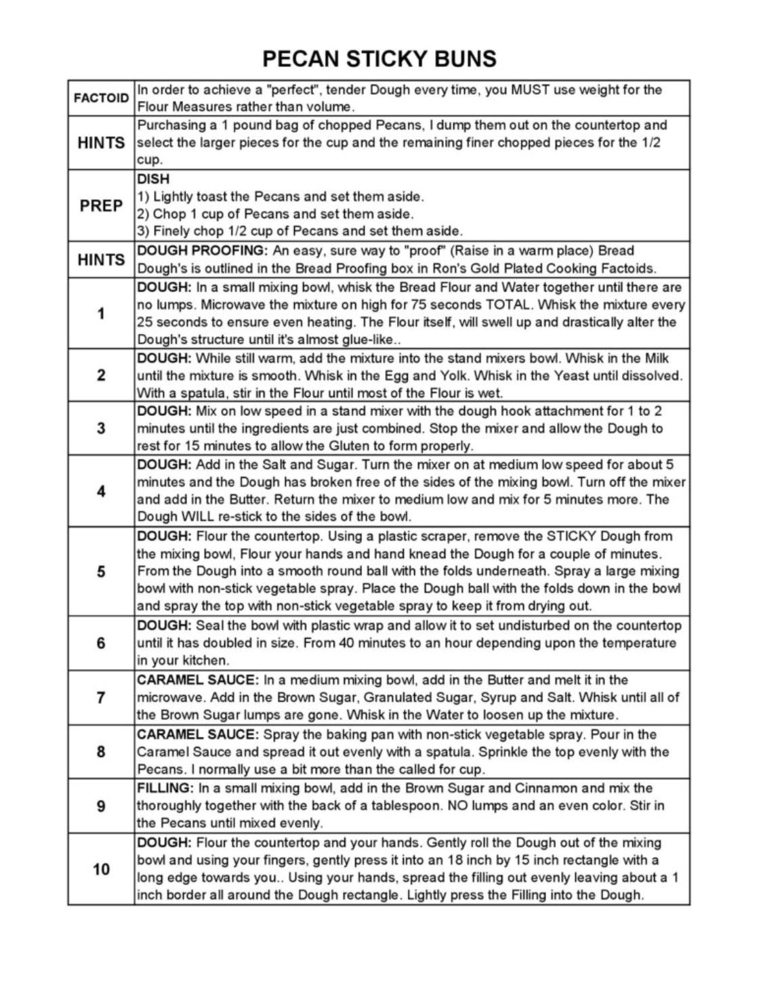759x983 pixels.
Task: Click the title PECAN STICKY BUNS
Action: [379, 59]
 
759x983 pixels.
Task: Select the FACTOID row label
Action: [101, 98]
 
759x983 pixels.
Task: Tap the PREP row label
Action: [101, 205]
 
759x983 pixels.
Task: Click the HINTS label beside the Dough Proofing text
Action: [101, 259]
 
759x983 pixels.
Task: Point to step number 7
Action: [101, 697]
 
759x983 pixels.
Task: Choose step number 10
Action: [101, 869]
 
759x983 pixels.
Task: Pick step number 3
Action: [101, 428]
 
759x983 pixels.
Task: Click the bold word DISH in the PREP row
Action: [153, 179]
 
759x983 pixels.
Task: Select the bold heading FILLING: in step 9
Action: [165, 788]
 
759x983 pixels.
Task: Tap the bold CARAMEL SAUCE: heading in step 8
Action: [197, 734]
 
